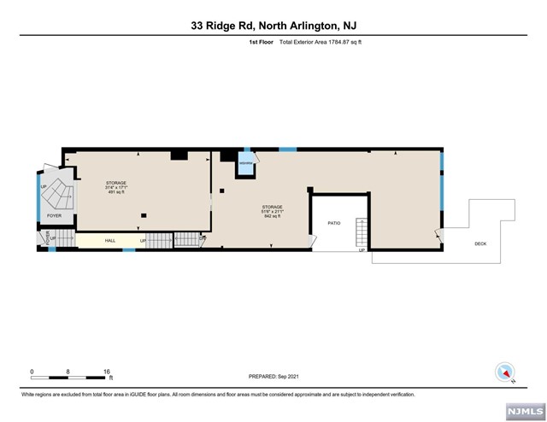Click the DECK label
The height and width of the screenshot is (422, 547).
pyautogui.click(x=481, y=243)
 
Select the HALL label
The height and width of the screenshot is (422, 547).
pyautogui.click(x=110, y=241)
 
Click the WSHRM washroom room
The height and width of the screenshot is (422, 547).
pyautogui.click(x=245, y=163)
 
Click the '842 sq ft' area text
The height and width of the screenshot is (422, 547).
pyautogui.click(x=273, y=217)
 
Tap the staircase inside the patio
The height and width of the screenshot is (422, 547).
pyautogui.click(x=362, y=233)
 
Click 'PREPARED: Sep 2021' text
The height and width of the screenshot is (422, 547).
pyautogui.click(x=273, y=376)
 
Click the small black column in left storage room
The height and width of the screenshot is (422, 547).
pyautogui.click(x=144, y=214)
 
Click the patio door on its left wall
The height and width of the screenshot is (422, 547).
pyautogui.click(x=312, y=243)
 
